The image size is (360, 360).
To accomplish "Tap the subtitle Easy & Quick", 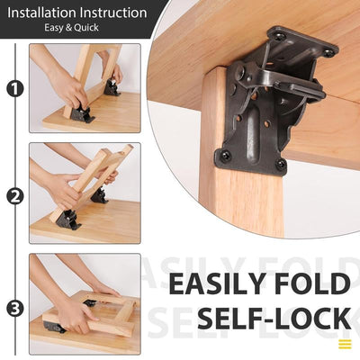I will (74, 29).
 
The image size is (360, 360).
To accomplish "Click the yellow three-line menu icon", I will (345, 344).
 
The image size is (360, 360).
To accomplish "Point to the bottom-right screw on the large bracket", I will (280, 164).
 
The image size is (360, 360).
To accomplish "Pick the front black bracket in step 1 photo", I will (82, 114).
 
